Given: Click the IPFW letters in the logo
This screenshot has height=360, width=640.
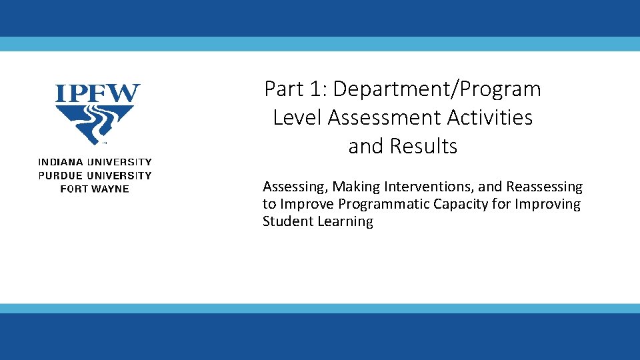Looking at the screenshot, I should tap(97, 93).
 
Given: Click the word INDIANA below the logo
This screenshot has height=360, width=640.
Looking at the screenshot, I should tap(58, 162).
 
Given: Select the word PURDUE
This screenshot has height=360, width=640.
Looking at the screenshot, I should tap(58, 175).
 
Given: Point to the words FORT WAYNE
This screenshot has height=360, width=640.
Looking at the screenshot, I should tap(95, 189).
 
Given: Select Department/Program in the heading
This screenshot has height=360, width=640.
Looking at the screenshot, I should tap(437, 89).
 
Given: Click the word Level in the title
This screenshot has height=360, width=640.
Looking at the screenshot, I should tap(297, 117).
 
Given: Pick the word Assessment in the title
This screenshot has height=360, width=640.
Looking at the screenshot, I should tap(385, 117).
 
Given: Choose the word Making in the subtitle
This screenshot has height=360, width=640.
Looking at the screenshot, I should tap(355, 187).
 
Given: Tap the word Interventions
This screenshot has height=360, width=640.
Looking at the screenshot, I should tap(427, 187).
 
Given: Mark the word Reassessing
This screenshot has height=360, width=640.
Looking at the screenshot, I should tap(544, 187).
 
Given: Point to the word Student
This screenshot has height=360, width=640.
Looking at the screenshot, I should tap(287, 221).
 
